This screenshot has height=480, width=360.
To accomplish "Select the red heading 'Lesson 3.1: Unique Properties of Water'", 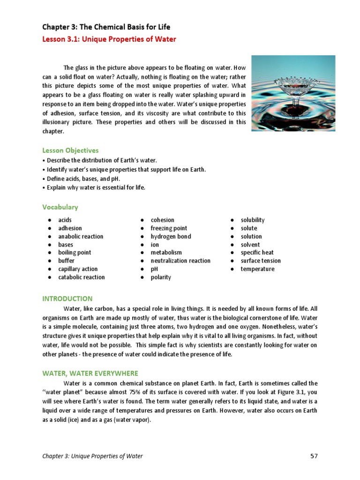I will point(109,39).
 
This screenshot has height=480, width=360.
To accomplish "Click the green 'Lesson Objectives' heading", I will point(70,150).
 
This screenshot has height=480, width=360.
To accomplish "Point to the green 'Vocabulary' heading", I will point(60,207).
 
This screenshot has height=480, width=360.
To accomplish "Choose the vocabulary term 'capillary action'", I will point(77,269).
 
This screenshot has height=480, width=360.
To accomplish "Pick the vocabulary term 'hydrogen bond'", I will point(171,236).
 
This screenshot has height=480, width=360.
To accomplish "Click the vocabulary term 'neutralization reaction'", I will point(180,261).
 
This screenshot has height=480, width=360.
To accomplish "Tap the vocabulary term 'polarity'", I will point(161,277).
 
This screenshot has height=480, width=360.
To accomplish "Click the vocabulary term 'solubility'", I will point(253,220).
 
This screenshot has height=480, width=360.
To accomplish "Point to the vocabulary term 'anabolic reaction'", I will point(81,236).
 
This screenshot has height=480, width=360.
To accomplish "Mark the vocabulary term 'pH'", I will point(154,269).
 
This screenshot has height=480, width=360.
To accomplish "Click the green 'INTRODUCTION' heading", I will point(67,299).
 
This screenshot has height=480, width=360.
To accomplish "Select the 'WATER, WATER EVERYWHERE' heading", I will point(90,373).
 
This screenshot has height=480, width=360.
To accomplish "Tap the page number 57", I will point(314,456).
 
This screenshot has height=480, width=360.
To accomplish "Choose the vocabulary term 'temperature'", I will point(257,269).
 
